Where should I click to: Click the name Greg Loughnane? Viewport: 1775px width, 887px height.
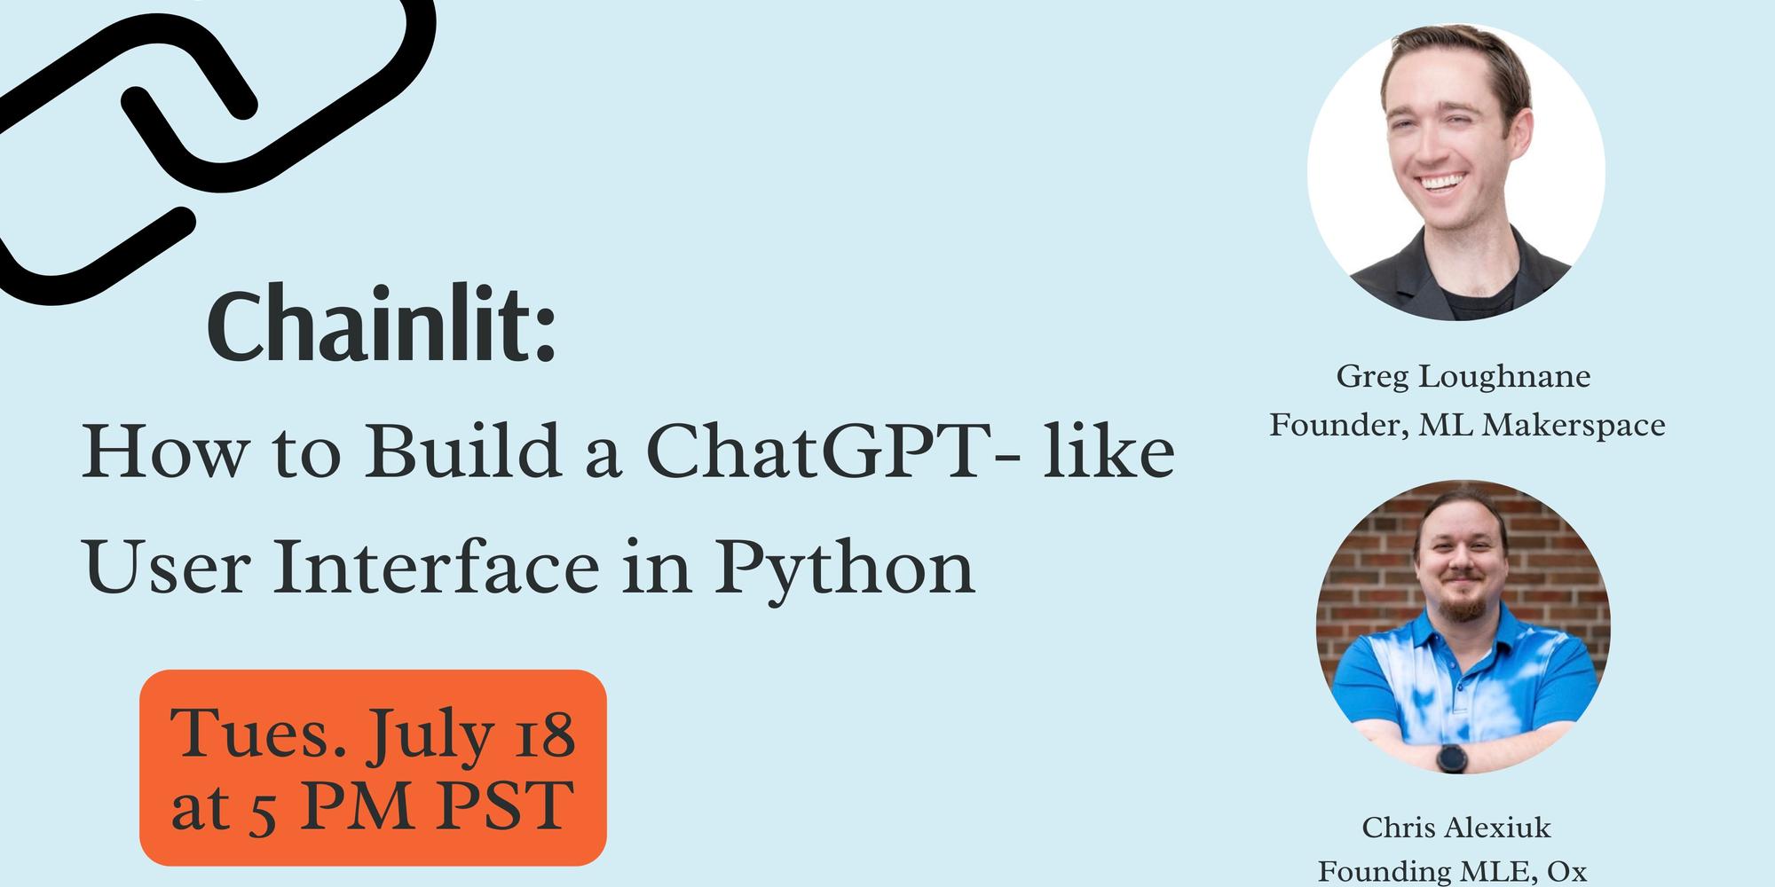point(1463,378)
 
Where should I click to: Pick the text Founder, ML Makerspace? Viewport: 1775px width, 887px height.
point(1466,426)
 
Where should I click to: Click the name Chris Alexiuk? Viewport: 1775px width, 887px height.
point(1456,828)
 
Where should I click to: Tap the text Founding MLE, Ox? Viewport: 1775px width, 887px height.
point(1452,871)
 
